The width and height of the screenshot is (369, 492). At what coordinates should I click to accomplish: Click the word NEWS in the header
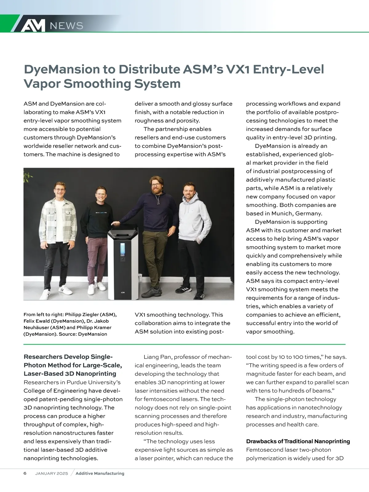66,26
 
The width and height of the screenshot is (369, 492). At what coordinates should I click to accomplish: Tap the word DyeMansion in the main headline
61,69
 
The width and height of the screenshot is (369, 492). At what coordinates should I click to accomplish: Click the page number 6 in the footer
25,473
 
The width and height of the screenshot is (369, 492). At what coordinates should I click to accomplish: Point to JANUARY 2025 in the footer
51,474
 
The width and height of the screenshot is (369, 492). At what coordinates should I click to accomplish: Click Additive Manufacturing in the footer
100,474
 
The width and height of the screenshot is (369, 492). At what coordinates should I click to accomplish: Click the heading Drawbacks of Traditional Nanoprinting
298,442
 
